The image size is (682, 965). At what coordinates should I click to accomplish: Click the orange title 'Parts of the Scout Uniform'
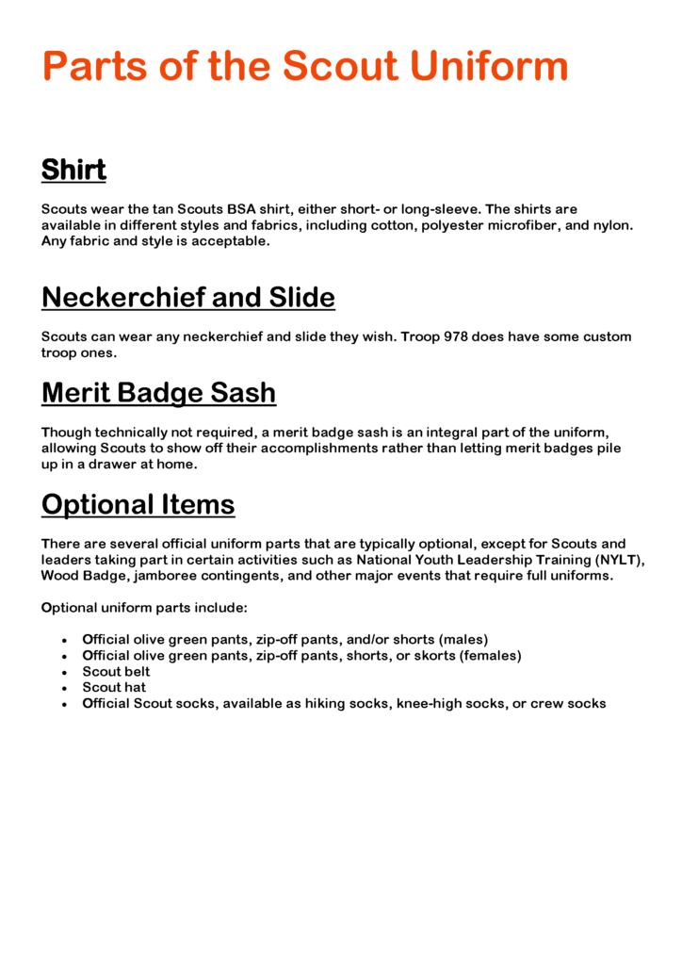tap(305, 68)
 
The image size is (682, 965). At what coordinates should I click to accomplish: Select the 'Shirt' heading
tap(73, 171)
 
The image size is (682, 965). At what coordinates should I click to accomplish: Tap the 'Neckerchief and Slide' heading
tap(187, 298)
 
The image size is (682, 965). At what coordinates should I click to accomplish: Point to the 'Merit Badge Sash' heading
tap(158, 392)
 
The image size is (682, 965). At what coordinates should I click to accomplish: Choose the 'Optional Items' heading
tap(138, 505)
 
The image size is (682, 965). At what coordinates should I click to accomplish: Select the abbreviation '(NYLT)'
tap(620, 559)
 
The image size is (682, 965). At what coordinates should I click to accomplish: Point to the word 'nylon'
tap(611, 224)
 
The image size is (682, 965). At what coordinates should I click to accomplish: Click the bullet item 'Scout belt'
tap(116, 672)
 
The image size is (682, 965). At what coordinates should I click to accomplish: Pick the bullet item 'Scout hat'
tap(114, 688)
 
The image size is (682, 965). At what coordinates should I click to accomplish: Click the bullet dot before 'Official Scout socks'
tap(63, 705)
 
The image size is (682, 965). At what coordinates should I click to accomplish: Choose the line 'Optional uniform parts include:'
tap(144, 608)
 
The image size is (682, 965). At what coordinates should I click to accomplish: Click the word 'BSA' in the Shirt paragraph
tap(242, 208)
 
